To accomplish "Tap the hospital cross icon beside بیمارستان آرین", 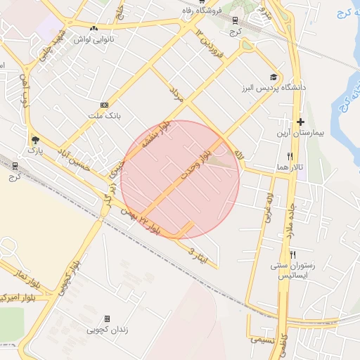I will pyautogui.click(x=300, y=122).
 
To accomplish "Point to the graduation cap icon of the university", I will pyautogui.click(x=273, y=77).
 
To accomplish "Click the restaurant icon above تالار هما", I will pyautogui.click(x=290, y=156).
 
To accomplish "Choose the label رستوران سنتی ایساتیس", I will pyautogui.click(x=293, y=271).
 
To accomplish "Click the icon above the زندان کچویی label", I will pyautogui.click(x=107, y=319).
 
